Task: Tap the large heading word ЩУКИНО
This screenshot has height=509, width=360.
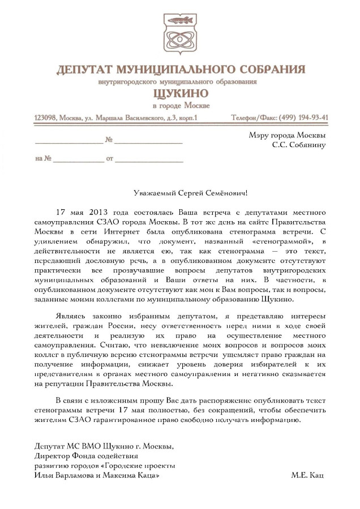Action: [x=180, y=93]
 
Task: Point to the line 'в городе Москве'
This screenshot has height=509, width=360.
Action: [x=181, y=105]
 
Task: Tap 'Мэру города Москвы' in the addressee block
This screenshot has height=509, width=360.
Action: [x=287, y=135]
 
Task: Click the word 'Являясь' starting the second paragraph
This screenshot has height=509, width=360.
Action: [x=72, y=314]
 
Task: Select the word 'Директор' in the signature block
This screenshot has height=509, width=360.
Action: [x=52, y=455]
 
